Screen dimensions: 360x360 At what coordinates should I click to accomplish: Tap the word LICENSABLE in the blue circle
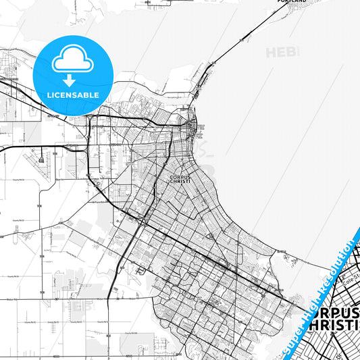[x=72, y=96]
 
